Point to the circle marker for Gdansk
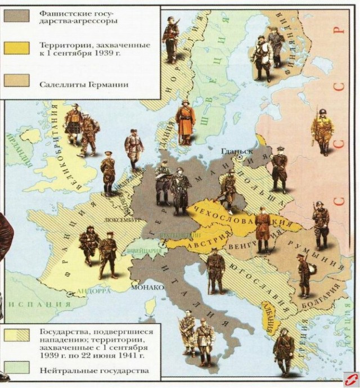point(240,159)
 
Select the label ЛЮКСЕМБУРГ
point(120,220)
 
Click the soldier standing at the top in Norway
point(170,38)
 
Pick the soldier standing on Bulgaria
point(304,275)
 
